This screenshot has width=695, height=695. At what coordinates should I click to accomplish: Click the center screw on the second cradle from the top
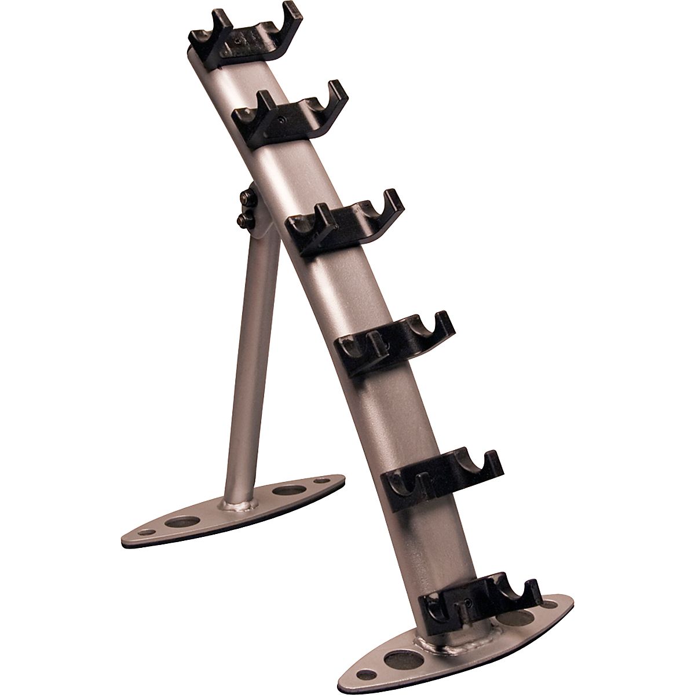coord(280,120)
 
